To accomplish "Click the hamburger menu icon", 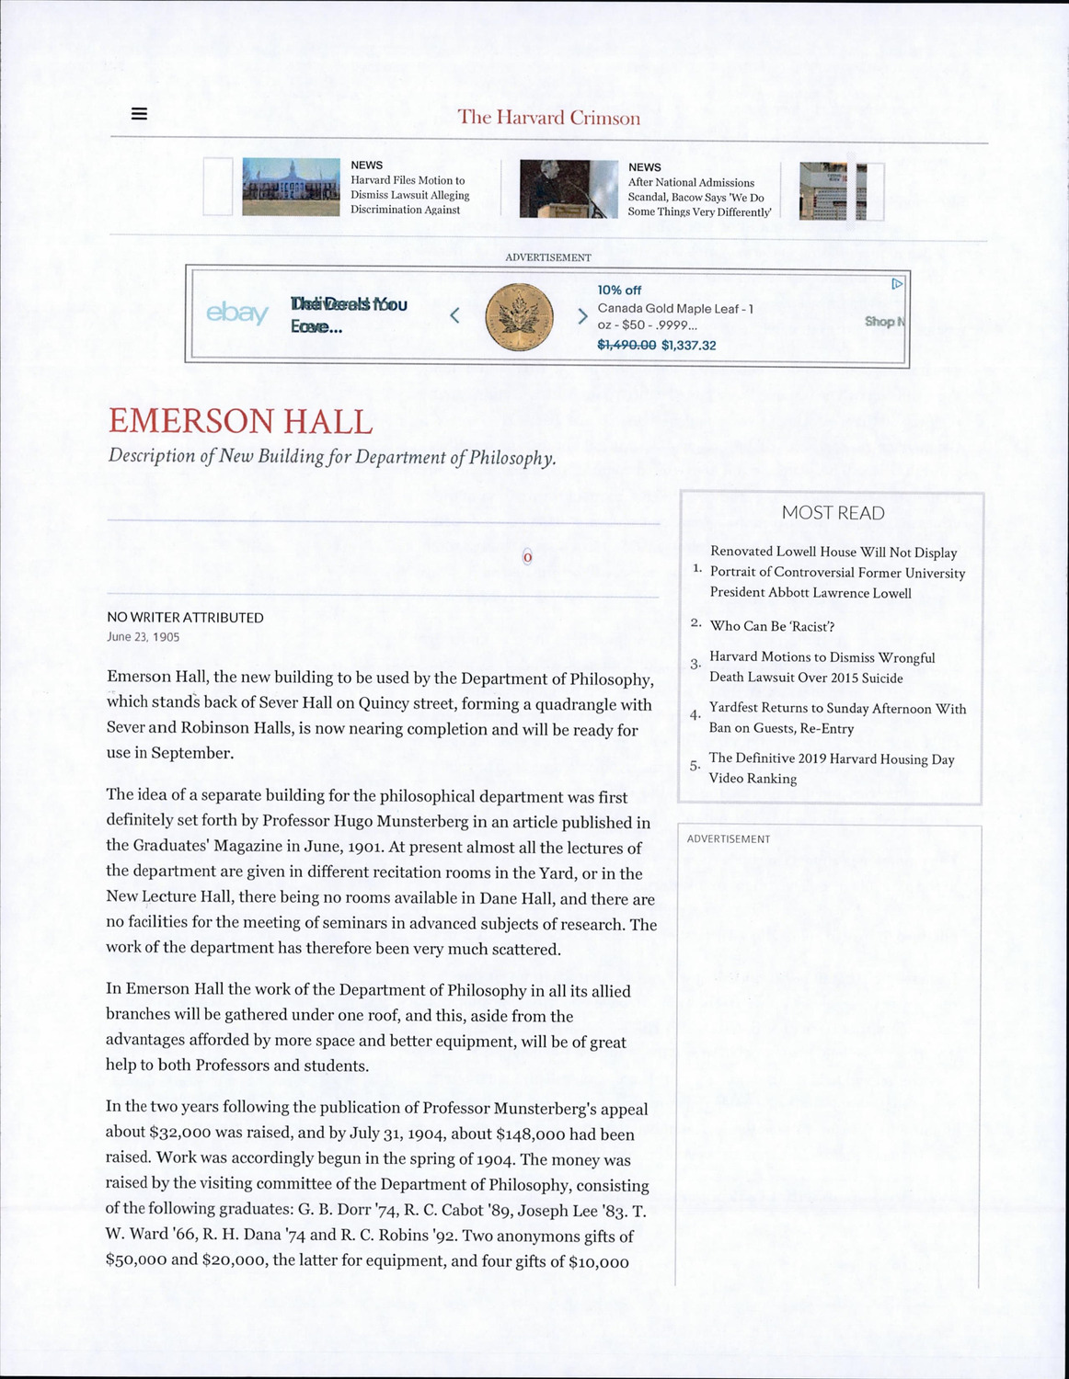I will [139, 114].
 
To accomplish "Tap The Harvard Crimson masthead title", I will [548, 118].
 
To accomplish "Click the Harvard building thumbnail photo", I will [291, 187].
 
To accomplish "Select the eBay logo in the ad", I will [237, 313].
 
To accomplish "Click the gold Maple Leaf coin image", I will [519, 316].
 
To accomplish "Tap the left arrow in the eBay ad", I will [454, 315].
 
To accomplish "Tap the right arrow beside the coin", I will [581, 316].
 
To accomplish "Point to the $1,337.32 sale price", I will [688, 346].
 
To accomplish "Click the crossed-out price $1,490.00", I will [626, 345].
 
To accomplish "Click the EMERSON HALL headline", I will [240, 422].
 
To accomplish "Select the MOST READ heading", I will [833, 513].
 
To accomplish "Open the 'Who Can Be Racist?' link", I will [772, 626].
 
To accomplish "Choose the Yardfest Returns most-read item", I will [836, 718].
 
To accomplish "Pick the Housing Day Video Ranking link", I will [831, 769].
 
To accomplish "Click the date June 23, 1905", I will [144, 637].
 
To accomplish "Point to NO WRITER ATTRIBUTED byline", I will [185, 618].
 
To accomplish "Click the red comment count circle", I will [527, 557].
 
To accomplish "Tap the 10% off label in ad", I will [619, 291].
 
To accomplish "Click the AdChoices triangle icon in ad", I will [897, 284].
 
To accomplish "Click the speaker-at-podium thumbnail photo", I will [569, 189].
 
